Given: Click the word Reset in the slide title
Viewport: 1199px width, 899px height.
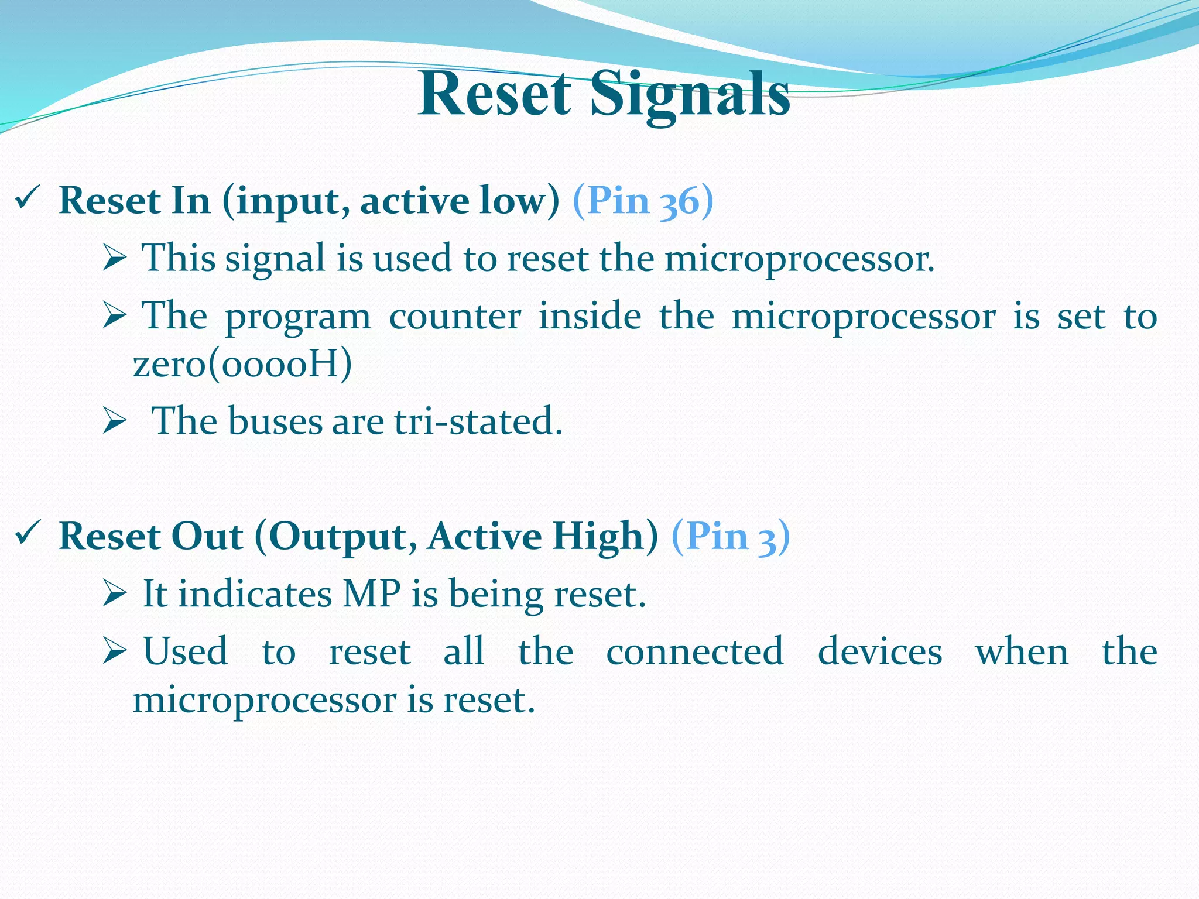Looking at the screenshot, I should pos(495,94).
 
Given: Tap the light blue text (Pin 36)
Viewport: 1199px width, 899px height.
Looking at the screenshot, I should pos(643,201).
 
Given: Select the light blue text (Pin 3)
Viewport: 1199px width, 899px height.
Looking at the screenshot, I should pos(730,536).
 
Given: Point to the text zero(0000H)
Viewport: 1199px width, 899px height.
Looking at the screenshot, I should pos(242,364).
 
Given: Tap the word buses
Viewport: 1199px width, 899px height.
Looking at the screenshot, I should pos(275,421).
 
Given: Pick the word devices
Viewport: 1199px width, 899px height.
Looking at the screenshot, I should pos(879,651).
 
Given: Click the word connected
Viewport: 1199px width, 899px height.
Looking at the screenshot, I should pos(694,651).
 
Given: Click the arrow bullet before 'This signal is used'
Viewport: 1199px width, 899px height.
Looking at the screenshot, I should pos(114,258).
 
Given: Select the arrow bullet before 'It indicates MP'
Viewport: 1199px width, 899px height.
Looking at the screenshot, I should pos(114,594).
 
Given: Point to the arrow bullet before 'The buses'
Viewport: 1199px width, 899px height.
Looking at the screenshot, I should pos(114,421).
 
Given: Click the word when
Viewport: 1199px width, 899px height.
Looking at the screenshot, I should pos(1022,651).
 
